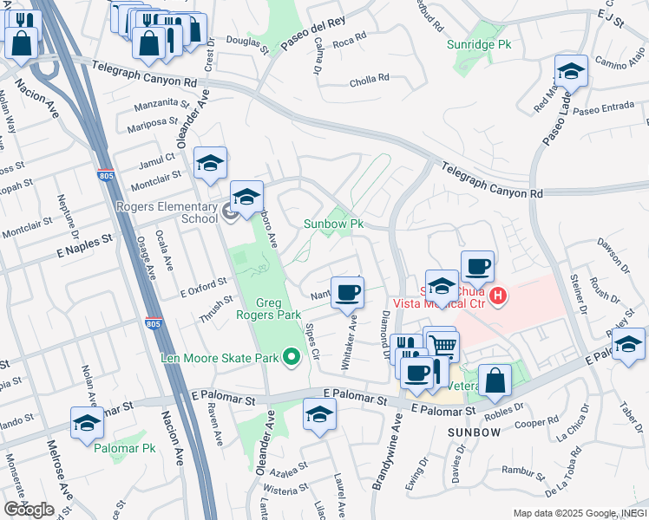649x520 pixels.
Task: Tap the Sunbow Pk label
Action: coord(332,224)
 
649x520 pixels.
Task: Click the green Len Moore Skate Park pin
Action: coord(292,356)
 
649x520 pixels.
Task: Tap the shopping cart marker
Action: coord(443,347)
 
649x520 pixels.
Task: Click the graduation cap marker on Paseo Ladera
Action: coord(571,72)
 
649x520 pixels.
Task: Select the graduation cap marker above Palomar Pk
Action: coord(87,423)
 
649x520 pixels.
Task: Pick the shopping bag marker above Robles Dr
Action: coord(495,381)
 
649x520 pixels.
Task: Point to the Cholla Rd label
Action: coord(369,80)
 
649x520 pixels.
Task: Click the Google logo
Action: coord(29,509)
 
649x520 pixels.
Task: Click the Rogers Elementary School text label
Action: coord(167,211)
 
